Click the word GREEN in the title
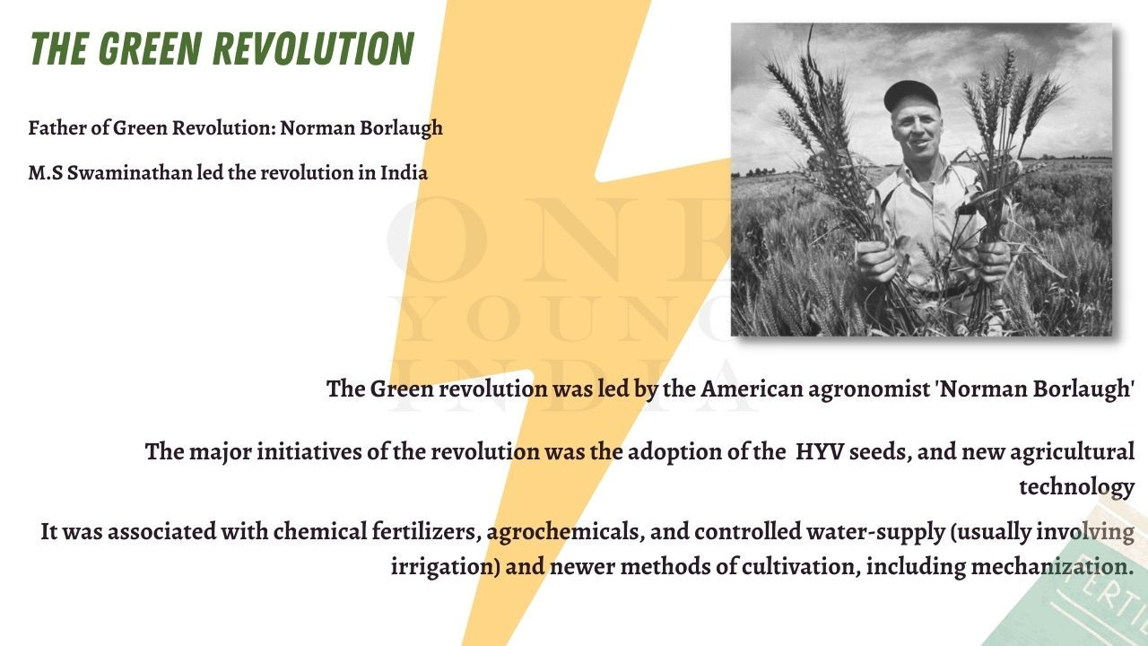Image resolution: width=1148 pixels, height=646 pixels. coord(149,48)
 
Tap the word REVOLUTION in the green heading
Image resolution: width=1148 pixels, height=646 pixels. coord(313,48)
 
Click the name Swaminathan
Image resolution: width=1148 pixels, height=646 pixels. coord(129,173)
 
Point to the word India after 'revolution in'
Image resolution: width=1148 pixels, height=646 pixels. coord(404,173)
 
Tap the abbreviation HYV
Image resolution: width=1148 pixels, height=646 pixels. coord(819,451)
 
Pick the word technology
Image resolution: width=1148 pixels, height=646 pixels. coord(1076,487)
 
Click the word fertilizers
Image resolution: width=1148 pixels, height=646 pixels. coord(426,532)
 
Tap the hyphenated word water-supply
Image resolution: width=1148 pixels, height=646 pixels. coord(876,533)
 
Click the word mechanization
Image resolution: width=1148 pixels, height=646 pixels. coord(1052,566)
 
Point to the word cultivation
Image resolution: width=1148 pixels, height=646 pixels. coord(801,566)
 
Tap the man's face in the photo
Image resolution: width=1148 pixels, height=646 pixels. coord(918,131)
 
